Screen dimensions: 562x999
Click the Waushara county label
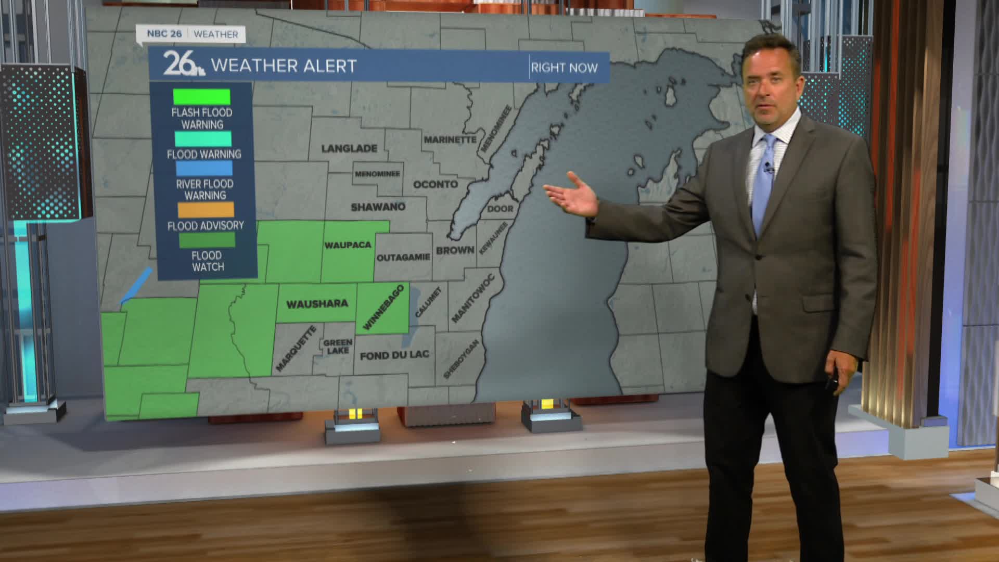coord(317,304)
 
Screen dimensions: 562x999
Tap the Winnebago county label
coord(383,307)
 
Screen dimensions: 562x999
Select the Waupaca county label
coord(348,245)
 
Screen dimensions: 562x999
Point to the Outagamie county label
coord(403,257)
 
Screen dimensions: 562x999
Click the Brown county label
coord(455,250)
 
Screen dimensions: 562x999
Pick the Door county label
coord(500,209)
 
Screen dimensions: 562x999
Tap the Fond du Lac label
coord(394,355)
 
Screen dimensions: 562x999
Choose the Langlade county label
coord(349,149)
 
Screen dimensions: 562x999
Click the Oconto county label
coord(436,184)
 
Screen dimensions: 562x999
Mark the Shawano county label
coord(378,207)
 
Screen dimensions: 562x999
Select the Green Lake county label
coord(338,346)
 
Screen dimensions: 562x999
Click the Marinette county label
coord(450,139)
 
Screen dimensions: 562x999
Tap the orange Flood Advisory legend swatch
coord(206,210)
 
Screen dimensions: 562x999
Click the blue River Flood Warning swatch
coord(204,168)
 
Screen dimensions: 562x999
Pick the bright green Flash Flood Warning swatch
coord(201,97)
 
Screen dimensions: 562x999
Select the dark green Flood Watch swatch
coord(207,240)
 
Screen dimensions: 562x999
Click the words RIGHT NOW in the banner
coord(564,68)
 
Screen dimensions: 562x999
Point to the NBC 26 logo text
coord(164,34)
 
